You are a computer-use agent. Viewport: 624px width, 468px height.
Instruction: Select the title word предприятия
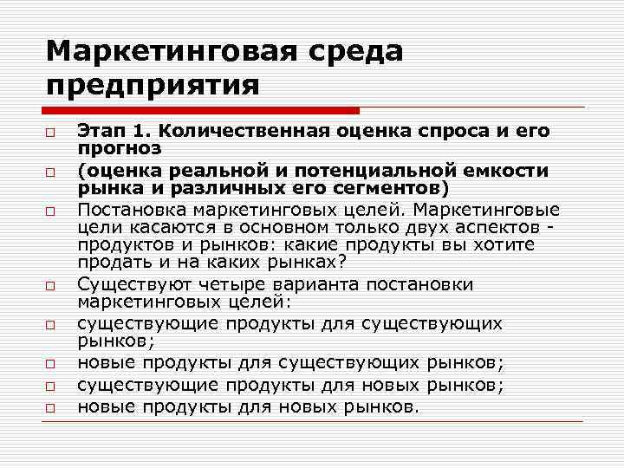click(x=153, y=86)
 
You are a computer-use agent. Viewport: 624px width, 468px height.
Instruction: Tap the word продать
click(x=110, y=262)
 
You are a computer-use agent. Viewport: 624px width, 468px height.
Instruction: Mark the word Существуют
click(x=126, y=284)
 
